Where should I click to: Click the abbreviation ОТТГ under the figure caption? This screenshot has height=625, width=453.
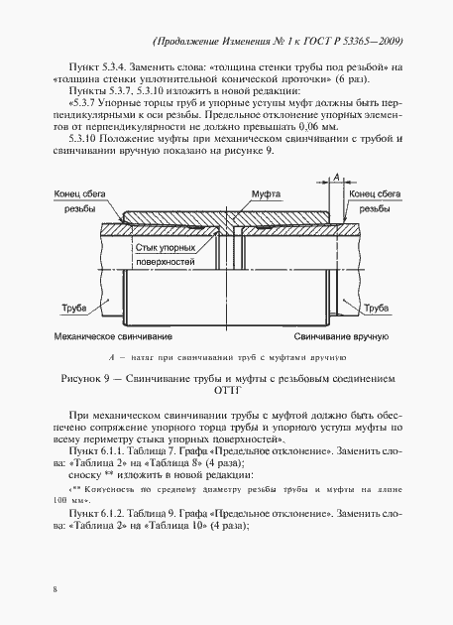tap(226, 391)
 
